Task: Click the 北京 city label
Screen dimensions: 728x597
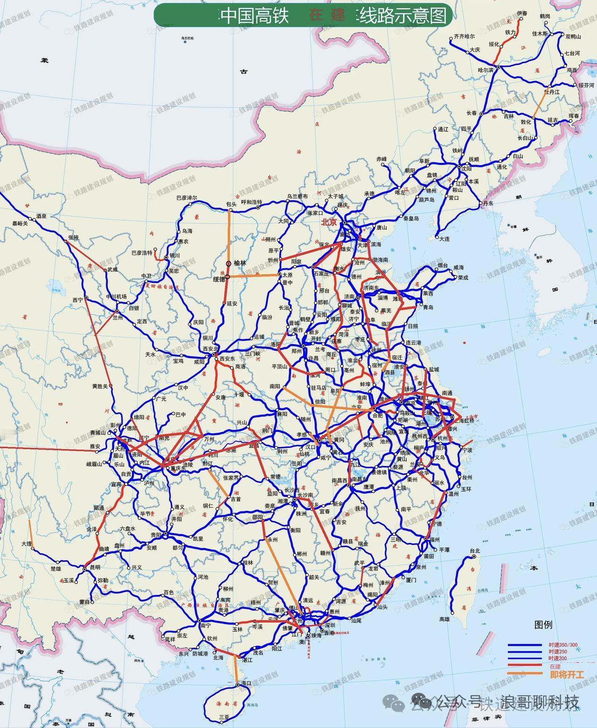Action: [329, 222]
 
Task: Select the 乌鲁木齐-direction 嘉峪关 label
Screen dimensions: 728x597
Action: [21, 224]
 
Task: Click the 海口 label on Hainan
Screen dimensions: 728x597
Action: [246, 683]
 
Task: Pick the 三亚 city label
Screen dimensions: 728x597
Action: [224, 716]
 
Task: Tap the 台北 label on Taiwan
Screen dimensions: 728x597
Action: [474, 551]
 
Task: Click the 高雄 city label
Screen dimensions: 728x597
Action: [444, 619]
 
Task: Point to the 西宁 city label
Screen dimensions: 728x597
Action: [77, 300]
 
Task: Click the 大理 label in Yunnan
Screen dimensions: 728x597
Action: [27, 544]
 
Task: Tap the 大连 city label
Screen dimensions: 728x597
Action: [444, 239]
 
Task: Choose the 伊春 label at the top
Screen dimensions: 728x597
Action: [522, 14]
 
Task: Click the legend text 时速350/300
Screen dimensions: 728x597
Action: [562, 645]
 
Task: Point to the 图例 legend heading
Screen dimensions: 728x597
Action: [543, 625]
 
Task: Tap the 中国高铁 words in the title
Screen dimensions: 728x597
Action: [254, 16]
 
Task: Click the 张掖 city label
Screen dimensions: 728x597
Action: [73, 237]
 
